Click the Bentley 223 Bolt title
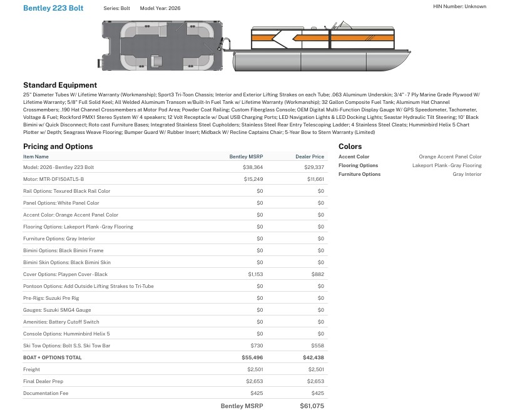click(x=53, y=8)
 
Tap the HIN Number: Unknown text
click(x=459, y=6)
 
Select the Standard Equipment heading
click(x=60, y=85)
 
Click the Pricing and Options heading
click(x=58, y=146)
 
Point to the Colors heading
click(x=350, y=146)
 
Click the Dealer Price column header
click(x=310, y=156)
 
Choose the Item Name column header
click(x=36, y=156)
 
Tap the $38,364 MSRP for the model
click(x=253, y=168)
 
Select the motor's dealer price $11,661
click(x=315, y=179)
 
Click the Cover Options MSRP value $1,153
click(x=255, y=274)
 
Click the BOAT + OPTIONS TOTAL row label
click(x=53, y=357)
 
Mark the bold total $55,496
click(x=252, y=357)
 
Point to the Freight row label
click(x=31, y=369)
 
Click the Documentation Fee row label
click(x=46, y=393)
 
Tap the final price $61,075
click(x=312, y=406)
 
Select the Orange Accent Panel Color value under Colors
click(x=450, y=156)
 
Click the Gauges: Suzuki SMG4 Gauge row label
click(x=57, y=310)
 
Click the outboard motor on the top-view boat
click(x=226, y=46)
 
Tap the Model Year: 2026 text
click(x=160, y=8)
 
